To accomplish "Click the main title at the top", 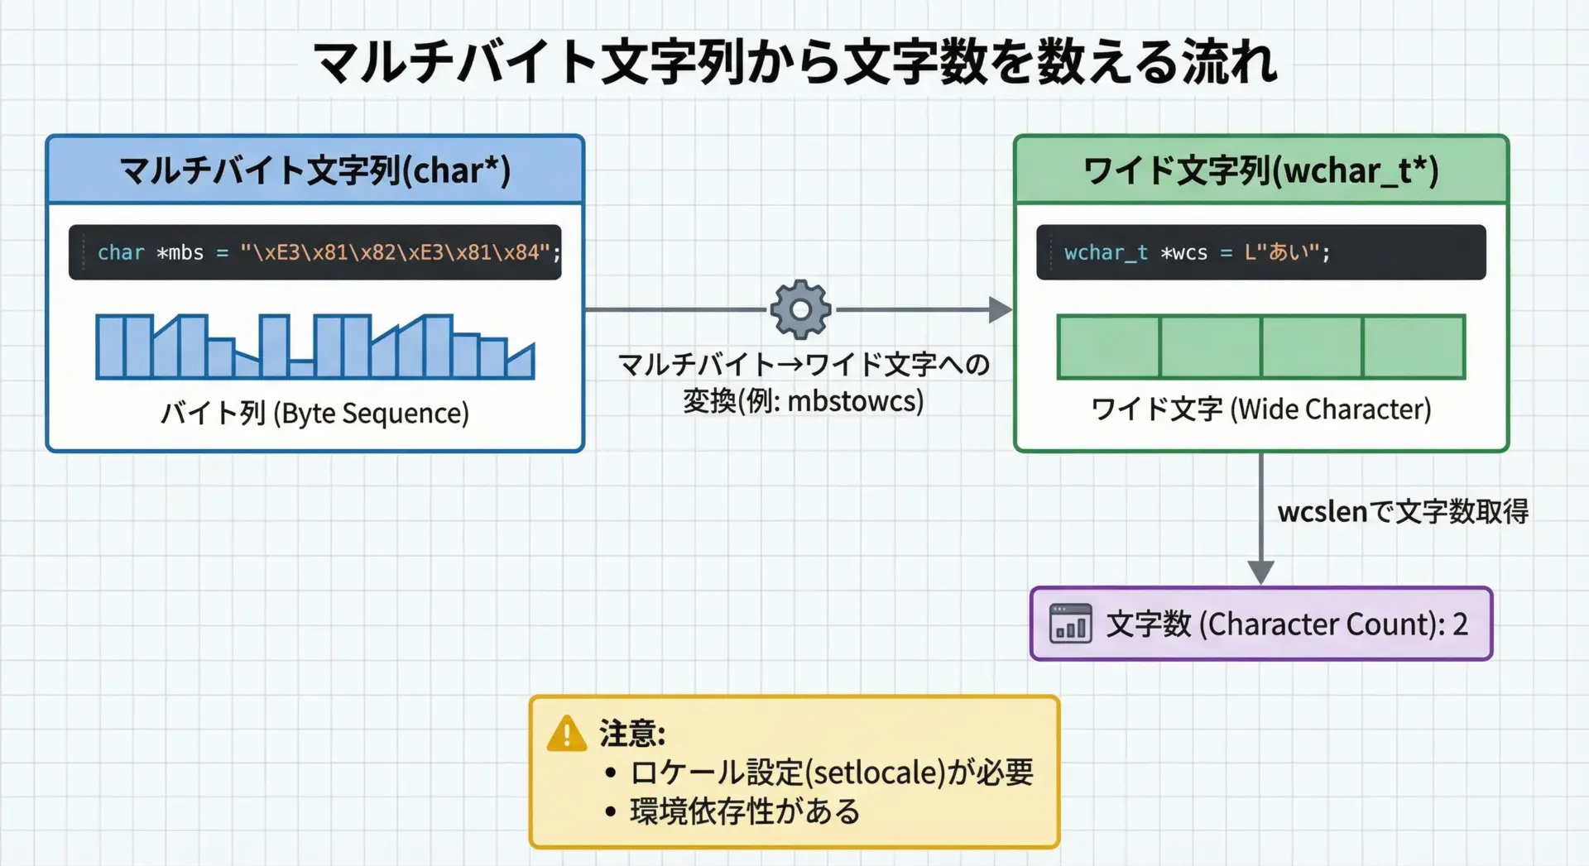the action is (795, 62).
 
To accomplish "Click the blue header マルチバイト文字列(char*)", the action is (315, 170).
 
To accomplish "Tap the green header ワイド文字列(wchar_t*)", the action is (1261, 170).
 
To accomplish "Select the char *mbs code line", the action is (329, 252).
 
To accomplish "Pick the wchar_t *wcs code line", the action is (1197, 252).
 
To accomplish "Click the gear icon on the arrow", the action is (800, 309).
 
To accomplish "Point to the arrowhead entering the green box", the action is (1001, 309).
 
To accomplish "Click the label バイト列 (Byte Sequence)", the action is (314, 412).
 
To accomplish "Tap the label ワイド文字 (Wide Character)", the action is (1260, 409).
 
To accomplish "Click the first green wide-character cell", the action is (1108, 347).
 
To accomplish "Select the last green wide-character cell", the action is (1414, 347).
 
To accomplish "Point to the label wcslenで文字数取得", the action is (1403, 511).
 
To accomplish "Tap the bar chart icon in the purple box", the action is (1070, 624).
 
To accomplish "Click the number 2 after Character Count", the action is (1460, 624).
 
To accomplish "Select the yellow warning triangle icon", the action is (567, 733).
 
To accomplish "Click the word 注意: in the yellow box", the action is (632, 733).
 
